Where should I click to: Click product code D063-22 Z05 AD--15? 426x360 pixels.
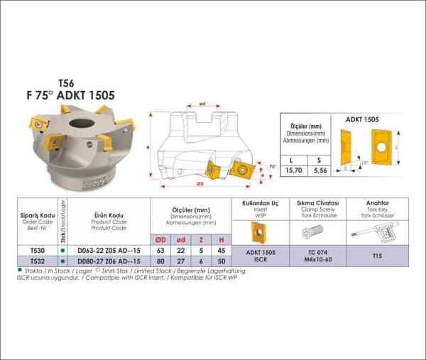click(x=111, y=251)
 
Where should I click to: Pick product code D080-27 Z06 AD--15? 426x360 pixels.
click(x=111, y=261)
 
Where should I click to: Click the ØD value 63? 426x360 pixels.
click(x=161, y=251)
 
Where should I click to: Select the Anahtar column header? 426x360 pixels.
click(x=376, y=202)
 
